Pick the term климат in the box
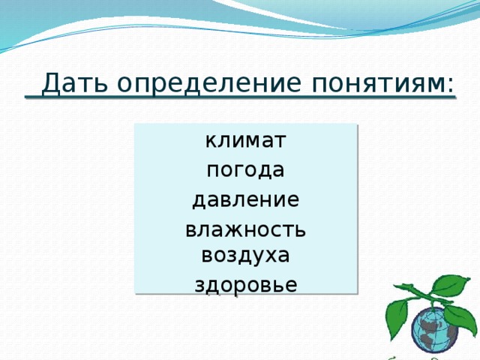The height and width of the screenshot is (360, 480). (x=245, y=140)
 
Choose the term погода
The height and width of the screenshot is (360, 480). (x=245, y=171)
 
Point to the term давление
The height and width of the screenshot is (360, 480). (x=245, y=200)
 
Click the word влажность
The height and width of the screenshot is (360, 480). (x=245, y=230)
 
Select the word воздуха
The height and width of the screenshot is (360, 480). (x=245, y=255)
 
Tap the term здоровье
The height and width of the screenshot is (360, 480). (x=245, y=285)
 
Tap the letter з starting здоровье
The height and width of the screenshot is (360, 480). (x=199, y=286)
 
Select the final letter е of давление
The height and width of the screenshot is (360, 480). (x=295, y=201)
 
